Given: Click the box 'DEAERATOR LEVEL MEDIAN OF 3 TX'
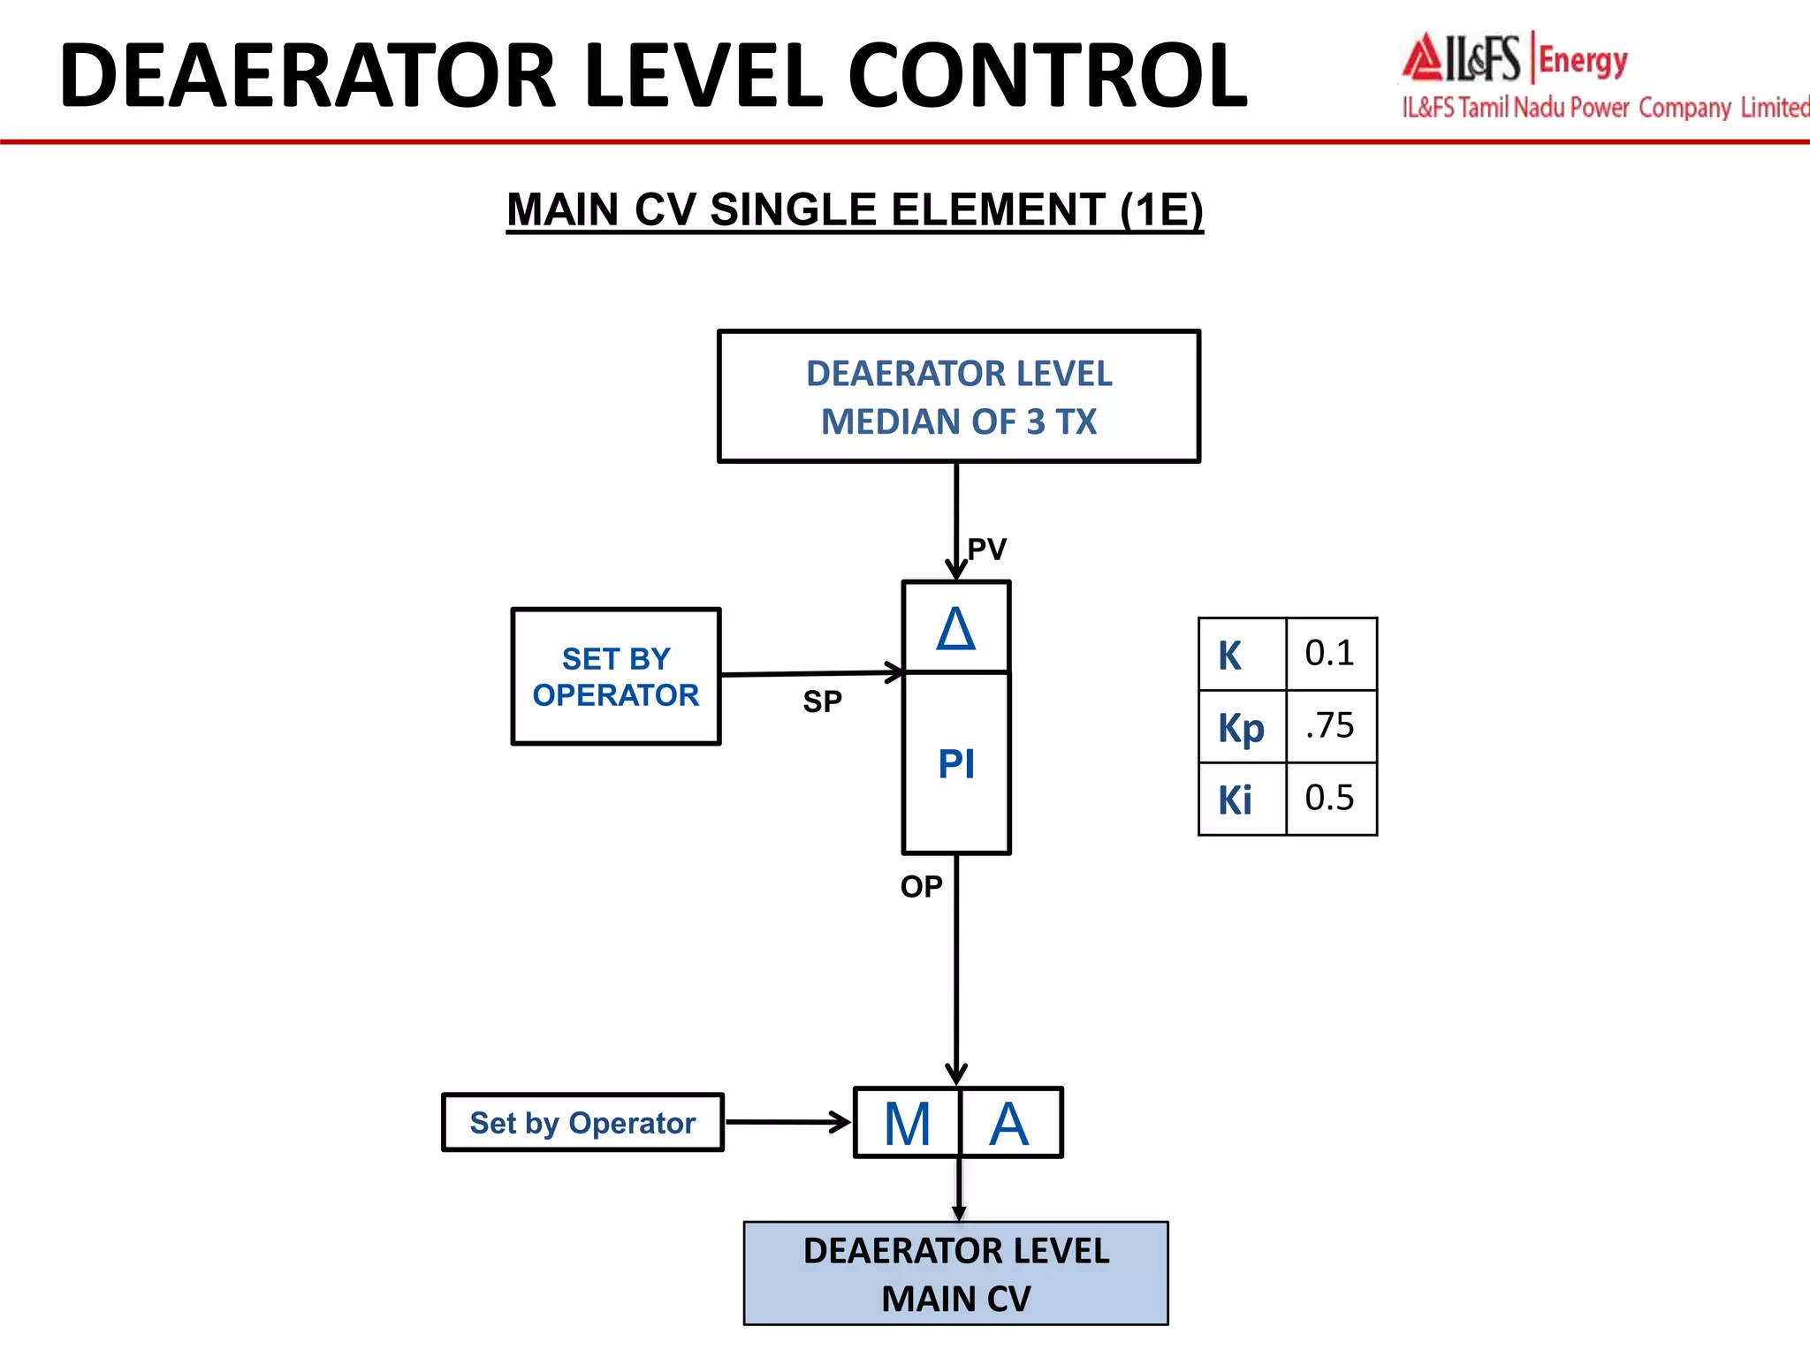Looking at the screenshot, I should (x=959, y=397).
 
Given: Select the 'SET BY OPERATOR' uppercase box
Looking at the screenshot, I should (x=616, y=677).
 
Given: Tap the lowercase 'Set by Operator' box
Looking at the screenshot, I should (x=582, y=1123).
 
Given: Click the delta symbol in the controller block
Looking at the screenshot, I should (x=956, y=629).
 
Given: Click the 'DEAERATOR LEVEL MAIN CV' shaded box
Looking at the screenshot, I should (x=956, y=1274).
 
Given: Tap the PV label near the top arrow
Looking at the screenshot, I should (x=987, y=550).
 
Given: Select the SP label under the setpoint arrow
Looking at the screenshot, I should (x=822, y=701).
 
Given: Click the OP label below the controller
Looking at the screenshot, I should (x=921, y=886).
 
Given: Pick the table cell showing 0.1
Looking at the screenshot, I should (x=1330, y=654).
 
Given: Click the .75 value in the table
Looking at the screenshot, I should (x=1330, y=726).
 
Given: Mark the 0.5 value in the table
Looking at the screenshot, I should (x=1330, y=799).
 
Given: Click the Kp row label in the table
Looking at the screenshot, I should (x=1241, y=728).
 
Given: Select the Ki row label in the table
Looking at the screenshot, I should (x=1236, y=800).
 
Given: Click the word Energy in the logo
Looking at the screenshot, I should (x=1583, y=61).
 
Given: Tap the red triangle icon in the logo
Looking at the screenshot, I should (x=1423, y=57).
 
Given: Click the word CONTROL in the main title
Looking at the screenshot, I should (x=1047, y=76).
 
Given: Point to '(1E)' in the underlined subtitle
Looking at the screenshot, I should (x=1161, y=210).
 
